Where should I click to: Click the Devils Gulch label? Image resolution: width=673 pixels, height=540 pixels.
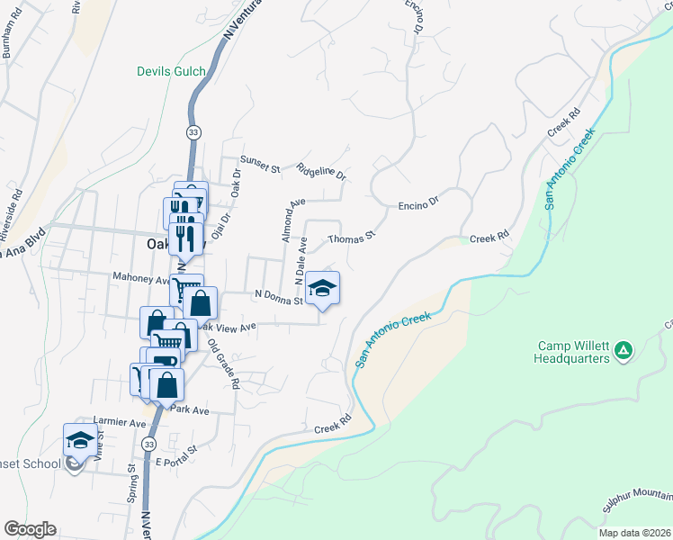(x=170, y=71)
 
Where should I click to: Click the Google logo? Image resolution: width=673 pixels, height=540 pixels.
(x=30, y=529)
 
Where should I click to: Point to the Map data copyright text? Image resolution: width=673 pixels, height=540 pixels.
(x=633, y=533)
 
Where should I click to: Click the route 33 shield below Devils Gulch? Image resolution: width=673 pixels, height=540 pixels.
(x=193, y=131)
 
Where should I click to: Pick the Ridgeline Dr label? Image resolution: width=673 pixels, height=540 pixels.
(x=321, y=170)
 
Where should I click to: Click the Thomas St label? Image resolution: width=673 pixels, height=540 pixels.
(x=350, y=239)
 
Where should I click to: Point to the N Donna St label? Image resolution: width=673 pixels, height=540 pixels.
(x=278, y=297)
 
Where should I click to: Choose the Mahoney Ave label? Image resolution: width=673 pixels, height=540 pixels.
(x=140, y=279)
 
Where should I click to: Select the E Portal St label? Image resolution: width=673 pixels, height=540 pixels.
(x=175, y=461)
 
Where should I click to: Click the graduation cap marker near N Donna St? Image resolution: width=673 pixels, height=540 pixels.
(x=322, y=290)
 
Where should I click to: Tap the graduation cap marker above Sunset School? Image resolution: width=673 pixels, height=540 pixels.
(x=79, y=441)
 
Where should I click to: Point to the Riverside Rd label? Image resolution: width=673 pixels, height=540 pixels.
(x=15, y=210)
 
